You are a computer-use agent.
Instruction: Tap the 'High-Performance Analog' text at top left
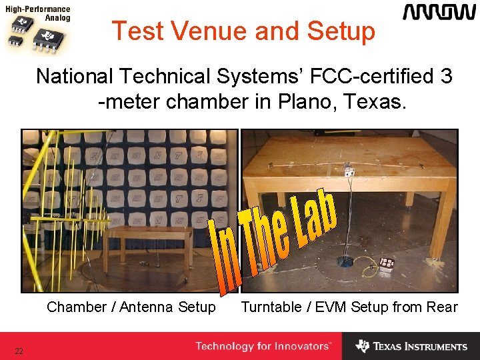(39, 14)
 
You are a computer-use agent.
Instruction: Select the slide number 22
(19, 351)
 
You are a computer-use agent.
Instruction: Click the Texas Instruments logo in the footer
(411, 347)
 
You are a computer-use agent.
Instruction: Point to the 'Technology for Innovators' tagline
(263, 347)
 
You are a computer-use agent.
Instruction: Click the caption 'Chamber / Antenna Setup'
(131, 307)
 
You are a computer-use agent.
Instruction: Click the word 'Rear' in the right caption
(443, 307)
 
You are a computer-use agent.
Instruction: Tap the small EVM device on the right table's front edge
(348, 171)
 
